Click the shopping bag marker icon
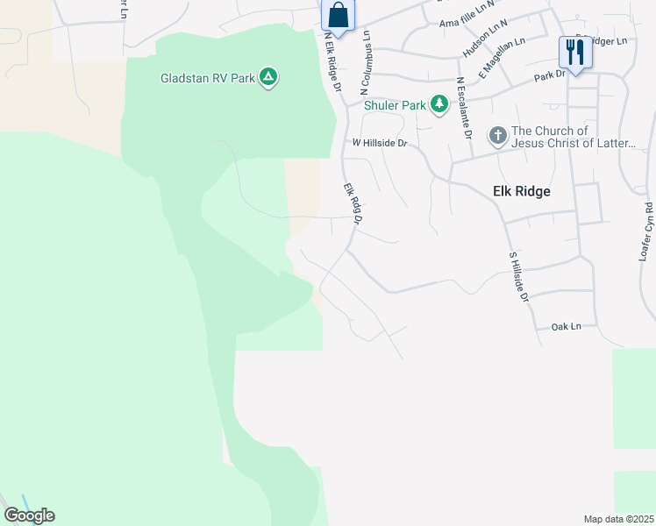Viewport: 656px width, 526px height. (338, 16)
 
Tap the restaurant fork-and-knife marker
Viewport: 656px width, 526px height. (575, 52)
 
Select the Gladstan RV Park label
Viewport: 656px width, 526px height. (207, 78)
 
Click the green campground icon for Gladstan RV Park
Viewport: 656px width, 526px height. (269, 78)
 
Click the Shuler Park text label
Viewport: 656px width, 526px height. (396, 105)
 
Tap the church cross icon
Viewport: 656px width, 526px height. (497, 135)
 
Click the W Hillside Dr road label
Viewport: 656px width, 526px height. (381, 142)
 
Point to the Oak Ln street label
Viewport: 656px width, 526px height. (567, 326)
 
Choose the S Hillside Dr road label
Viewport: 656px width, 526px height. (519, 278)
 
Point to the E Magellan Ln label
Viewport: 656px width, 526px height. (502, 59)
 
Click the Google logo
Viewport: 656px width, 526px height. (29, 515)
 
